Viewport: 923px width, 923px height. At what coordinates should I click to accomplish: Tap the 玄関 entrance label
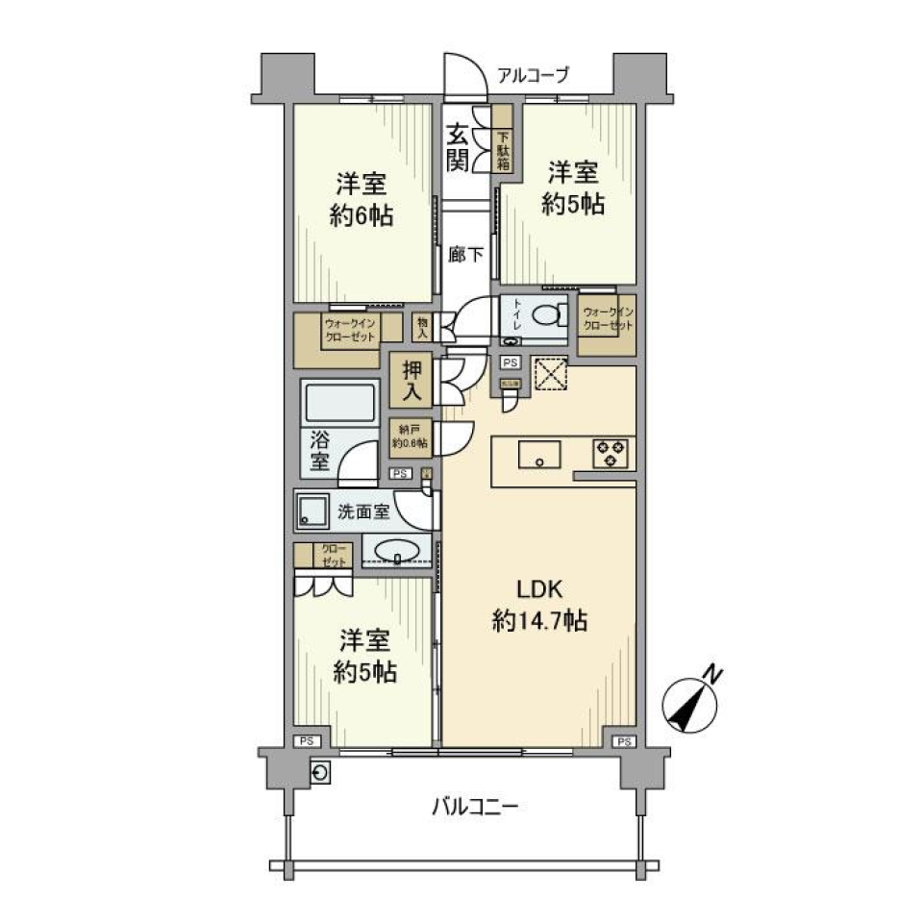(458, 148)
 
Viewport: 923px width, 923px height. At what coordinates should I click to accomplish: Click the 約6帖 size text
(362, 215)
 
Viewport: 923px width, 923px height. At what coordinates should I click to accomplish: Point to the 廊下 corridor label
(465, 256)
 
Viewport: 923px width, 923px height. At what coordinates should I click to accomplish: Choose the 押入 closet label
(412, 380)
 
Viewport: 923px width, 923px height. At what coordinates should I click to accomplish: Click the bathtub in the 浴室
(337, 402)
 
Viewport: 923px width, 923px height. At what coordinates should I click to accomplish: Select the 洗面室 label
(362, 511)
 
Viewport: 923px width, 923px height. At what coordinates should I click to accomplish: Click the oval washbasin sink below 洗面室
(395, 551)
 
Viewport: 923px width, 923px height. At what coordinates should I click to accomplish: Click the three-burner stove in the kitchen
(611, 453)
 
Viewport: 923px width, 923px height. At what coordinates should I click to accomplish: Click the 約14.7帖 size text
(538, 622)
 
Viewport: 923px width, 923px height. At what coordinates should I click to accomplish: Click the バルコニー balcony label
(474, 806)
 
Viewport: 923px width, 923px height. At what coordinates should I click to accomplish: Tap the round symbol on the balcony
(321, 772)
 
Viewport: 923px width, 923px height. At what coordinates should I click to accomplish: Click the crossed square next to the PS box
(550, 374)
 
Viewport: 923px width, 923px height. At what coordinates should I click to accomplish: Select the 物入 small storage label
(422, 327)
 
